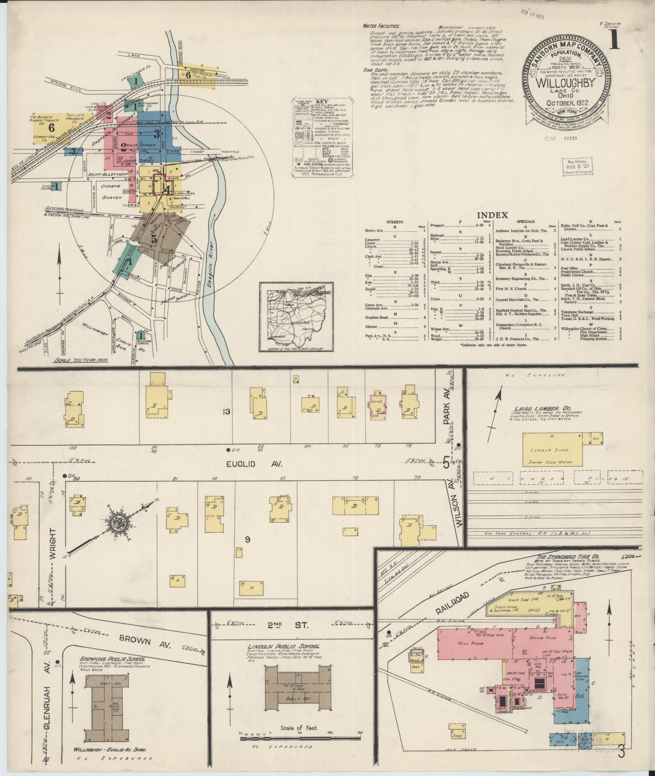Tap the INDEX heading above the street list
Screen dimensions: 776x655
click(x=492, y=215)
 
